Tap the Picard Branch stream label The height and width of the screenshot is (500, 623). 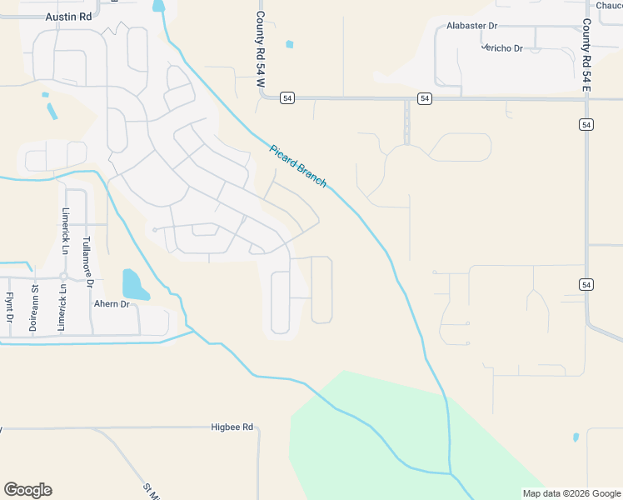point(298,166)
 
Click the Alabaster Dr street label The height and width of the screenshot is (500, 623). point(471,26)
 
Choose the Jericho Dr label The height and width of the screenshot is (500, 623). point(502,48)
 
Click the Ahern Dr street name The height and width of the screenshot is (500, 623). point(112,304)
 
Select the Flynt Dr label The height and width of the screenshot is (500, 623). point(9,307)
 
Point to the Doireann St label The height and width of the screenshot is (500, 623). point(34,309)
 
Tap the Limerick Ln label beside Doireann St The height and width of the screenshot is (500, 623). point(61,308)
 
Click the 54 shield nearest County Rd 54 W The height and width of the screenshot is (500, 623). point(287,98)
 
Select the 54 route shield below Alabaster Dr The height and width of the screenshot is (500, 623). point(425,98)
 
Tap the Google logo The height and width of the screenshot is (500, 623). point(27,490)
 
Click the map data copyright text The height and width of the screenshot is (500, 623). point(571,492)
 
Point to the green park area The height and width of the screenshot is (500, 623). point(366,442)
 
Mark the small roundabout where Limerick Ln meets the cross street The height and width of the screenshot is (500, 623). point(62,276)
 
